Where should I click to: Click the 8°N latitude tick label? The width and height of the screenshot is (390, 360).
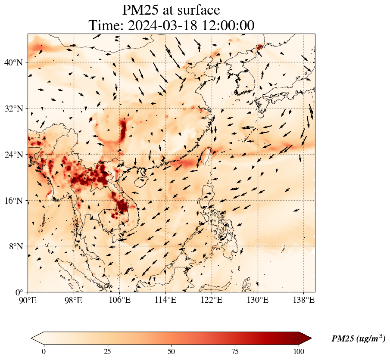click(x=15, y=246)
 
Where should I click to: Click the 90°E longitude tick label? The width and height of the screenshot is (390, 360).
click(x=28, y=300)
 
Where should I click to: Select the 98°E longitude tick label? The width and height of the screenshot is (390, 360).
click(x=74, y=300)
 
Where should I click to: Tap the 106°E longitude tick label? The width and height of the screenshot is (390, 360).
click(x=119, y=300)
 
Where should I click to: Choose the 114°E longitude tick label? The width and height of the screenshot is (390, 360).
click(x=165, y=300)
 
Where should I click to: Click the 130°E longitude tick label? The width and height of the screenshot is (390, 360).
click(x=257, y=300)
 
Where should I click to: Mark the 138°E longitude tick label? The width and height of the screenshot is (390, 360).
click(x=303, y=300)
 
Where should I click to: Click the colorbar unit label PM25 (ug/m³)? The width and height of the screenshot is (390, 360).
click(x=358, y=339)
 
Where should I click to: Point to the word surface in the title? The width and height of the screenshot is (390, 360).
click(x=196, y=9)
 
